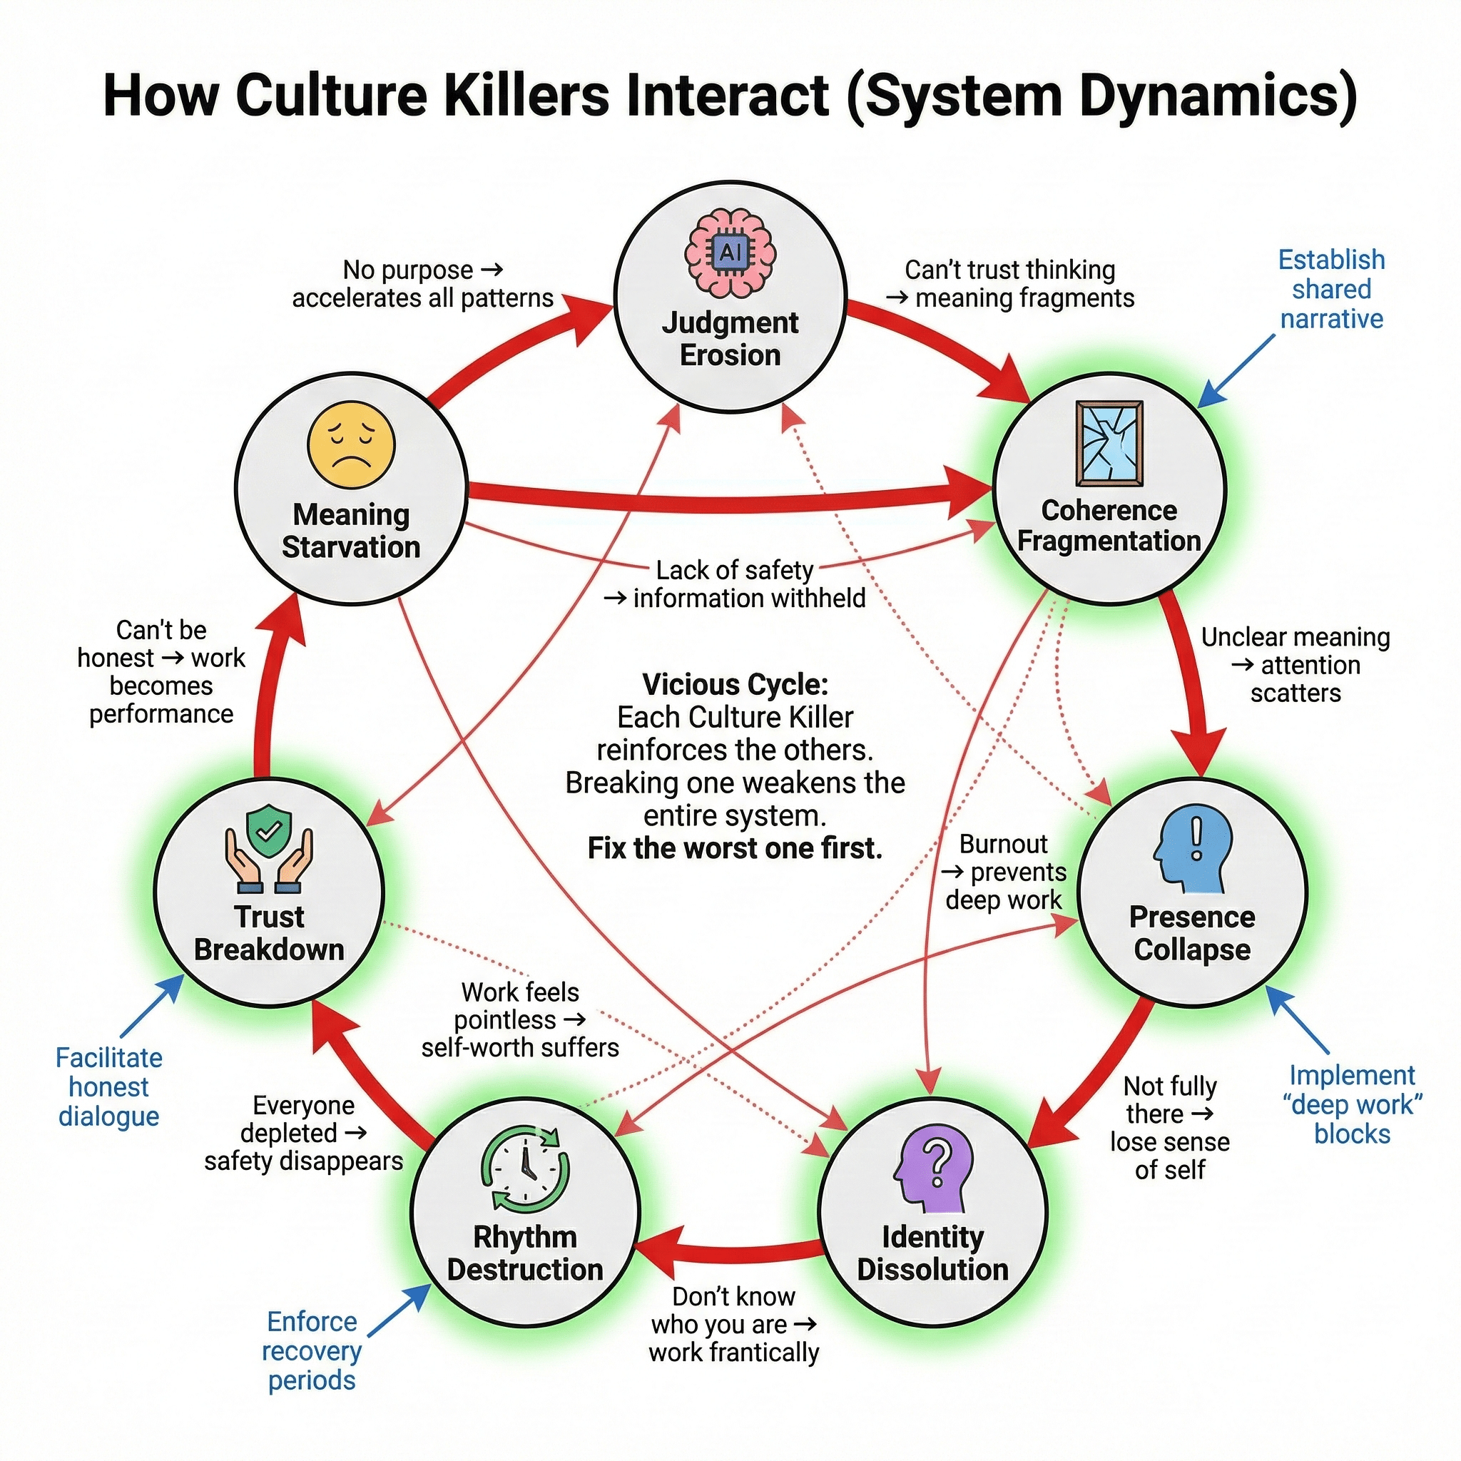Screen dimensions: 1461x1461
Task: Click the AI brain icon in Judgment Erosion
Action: [x=730, y=253]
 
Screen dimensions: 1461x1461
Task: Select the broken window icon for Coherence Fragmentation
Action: [x=1109, y=443]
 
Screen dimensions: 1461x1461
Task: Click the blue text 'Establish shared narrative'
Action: [x=1331, y=290]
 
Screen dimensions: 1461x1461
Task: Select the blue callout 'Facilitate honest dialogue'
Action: [x=109, y=1086]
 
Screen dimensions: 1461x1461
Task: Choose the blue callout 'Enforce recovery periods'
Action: [x=312, y=1350]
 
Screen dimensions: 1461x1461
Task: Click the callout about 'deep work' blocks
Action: [x=1352, y=1104]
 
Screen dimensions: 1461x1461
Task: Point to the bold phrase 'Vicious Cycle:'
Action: [x=735, y=684]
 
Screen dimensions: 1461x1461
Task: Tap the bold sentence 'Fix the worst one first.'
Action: [x=735, y=847]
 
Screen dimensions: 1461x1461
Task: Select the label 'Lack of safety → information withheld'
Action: [x=734, y=584]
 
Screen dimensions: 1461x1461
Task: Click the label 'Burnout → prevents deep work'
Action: [x=1004, y=872]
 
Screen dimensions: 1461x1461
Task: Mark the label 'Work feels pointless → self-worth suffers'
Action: [x=520, y=1020]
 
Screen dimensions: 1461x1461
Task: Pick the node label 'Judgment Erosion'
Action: [x=730, y=339]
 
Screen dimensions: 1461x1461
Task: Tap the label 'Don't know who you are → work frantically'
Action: [x=733, y=1324]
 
